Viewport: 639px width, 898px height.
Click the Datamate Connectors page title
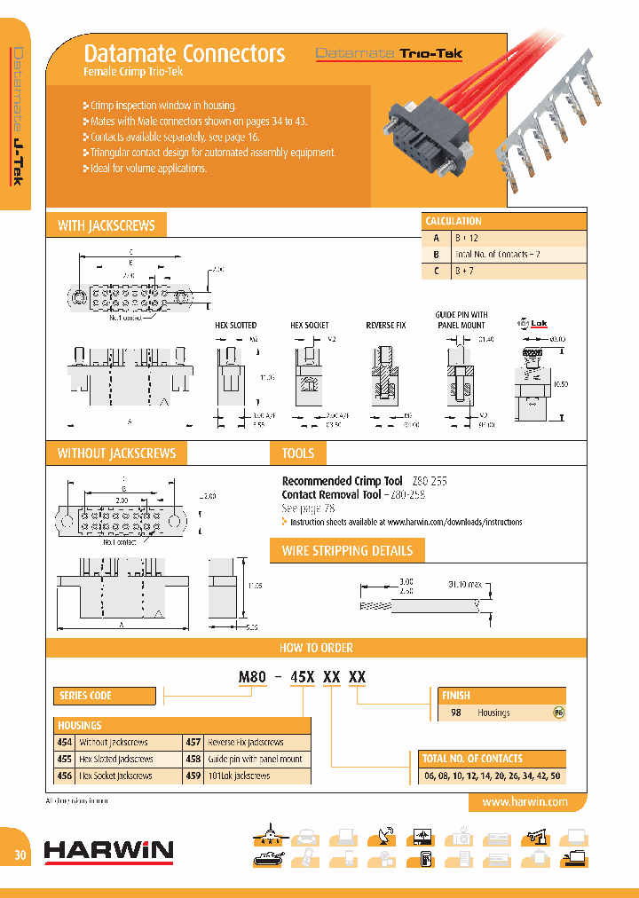point(184,53)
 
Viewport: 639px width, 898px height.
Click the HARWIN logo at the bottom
point(108,851)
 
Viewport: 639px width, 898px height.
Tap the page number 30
point(20,855)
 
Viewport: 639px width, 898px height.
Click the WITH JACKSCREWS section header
point(106,225)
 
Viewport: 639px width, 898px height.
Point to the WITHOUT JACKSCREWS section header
point(116,453)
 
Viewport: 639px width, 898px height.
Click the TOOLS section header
point(298,453)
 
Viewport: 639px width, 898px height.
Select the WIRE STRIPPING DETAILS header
point(347,551)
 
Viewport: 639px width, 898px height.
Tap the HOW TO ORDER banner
point(316,648)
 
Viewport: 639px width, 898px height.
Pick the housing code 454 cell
point(65,742)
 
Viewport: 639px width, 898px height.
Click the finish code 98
point(456,713)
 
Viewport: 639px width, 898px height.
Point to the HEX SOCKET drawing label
point(310,326)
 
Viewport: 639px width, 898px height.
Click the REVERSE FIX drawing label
point(385,326)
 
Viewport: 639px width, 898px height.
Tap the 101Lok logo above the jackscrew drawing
point(529,323)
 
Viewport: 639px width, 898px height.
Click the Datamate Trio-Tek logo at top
point(389,53)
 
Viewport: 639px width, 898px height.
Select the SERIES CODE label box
point(92,696)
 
